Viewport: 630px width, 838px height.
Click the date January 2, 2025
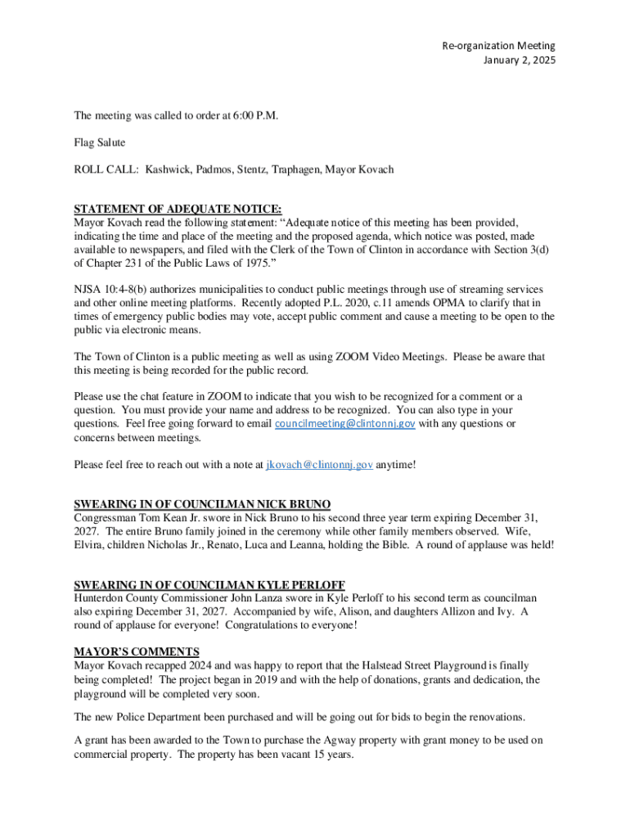click(x=519, y=61)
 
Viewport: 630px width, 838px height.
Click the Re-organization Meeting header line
click(x=498, y=46)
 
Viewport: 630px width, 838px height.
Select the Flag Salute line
click(x=100, y=142)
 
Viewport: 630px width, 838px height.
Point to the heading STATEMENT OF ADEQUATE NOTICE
click(x=178, y=209)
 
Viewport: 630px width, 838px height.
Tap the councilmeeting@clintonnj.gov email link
click(x=345, y=424)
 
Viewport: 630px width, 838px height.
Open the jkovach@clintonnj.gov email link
click(x=320, y=465)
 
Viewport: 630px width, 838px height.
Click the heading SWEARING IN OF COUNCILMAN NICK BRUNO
click(x=202, y=504)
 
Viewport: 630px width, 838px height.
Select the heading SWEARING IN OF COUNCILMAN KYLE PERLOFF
click(x=209, y=584)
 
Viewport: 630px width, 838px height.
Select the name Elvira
click(x=90, y=545)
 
